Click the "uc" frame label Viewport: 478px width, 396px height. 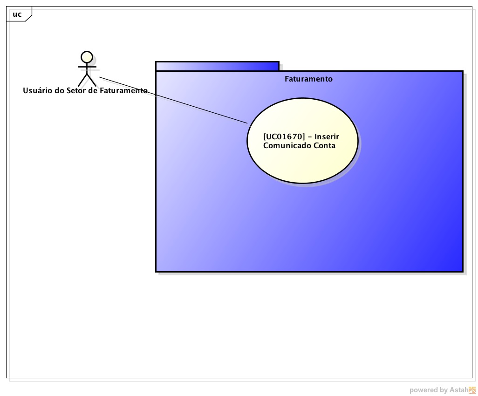[x=17, y=14]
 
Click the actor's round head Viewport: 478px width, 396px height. [x=86, y=57]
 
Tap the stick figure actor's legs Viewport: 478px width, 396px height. [x=87, y=80]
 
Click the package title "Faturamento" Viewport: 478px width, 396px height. [x=308, y=79]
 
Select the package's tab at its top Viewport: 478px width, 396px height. [x=217, y=66]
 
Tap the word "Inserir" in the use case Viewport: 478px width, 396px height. [x=327, y=137]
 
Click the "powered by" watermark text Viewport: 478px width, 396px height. [x=428, y=390]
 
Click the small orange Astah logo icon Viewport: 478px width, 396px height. [x=472, y=390]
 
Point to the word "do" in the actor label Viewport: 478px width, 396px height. [x=59, y=90]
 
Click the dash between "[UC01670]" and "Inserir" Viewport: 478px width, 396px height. [x=309, y=137]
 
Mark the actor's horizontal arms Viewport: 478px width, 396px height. [x=87, y=67]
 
